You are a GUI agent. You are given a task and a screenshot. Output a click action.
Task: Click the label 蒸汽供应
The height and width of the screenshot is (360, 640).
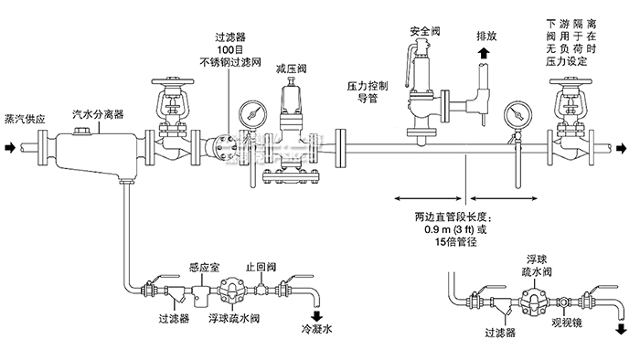click(x=25, y=118)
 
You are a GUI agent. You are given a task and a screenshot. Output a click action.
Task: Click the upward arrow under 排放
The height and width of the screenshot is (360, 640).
click(x=481, y=57)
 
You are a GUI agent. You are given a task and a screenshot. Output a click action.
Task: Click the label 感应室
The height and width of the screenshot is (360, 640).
click(x=203, y=268)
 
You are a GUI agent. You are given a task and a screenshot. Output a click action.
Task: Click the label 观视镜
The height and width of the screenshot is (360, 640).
click(x=567, y=323)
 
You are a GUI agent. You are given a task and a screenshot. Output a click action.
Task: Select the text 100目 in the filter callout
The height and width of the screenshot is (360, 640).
click(x=230, y=50)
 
